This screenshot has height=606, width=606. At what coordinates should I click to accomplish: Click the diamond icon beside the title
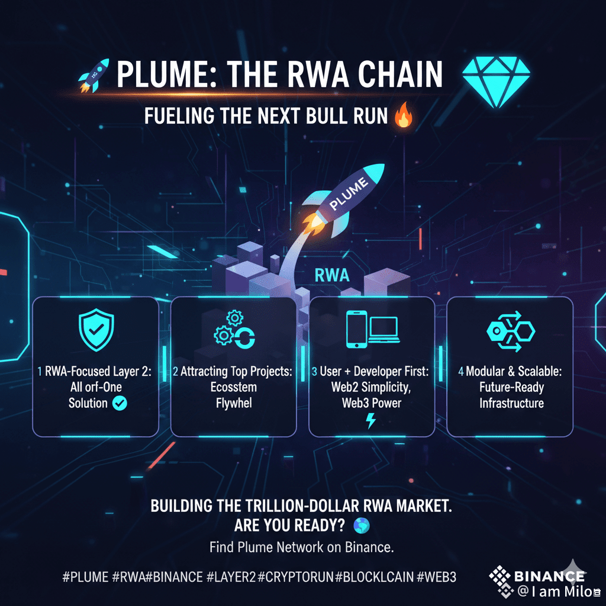pos(495,83)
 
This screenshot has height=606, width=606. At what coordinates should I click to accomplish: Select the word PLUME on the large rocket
pos(349,195)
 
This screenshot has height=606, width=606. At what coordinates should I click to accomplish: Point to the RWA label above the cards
pos(333,275)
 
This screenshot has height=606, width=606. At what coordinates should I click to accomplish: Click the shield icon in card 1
pos(96,331)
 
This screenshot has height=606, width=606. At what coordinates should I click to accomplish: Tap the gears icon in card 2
pos(234,331)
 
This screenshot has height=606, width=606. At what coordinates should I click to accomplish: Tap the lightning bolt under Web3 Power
pos(371,421)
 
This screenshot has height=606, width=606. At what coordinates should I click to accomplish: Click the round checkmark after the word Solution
pos(120,404)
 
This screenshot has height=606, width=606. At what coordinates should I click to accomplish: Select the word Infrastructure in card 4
pos(511,404)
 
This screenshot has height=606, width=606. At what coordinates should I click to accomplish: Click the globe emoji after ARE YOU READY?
pos(360,525)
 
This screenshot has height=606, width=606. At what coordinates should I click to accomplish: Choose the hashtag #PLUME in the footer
pos(85,576)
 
